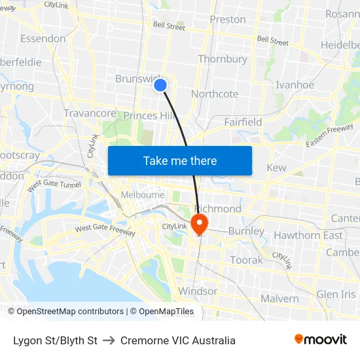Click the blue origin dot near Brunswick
pyautogui.click(x=160, y=85)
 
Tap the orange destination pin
pyautogui.click(x=199, y=224)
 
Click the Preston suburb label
pyautogui.click(x=228, y=20)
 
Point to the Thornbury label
pyautogui.click(x=223, y=59)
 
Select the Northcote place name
pyautogui.click(x=215, y=94)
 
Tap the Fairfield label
pyautogui.click(x=243, y=122)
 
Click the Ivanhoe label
pyautogui.click(x=295, y=85)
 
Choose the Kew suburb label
pyautogui.click(x=276, y=168)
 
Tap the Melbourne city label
pyautogui.click(x=143, y=194)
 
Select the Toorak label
pyautogui.click(x=246, y=260)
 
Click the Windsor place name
pyautogui.click(x=198, y=291)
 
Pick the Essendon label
pyautogui.click(x=43, y=39)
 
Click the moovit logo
pyautogui.click(x=320, y=339)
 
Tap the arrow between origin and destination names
pyautogui.click(x=109, y=340)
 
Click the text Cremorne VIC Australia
pyautogui.click(x=177, y=340)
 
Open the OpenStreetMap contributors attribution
pyautogui.click(x=70, y=312)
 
